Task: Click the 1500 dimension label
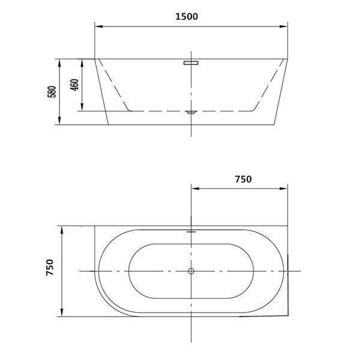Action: coord(187,17)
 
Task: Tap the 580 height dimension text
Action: coord(52,92)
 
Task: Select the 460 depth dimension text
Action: coord(74,85)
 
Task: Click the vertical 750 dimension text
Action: coord(50,267)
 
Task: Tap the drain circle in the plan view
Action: coord(191,271)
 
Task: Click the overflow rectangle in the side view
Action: coord(191,62)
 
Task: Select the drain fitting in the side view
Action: coord(191,112)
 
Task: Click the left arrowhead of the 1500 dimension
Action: coord(99,26)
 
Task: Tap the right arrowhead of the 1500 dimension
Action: coord(283,26)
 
